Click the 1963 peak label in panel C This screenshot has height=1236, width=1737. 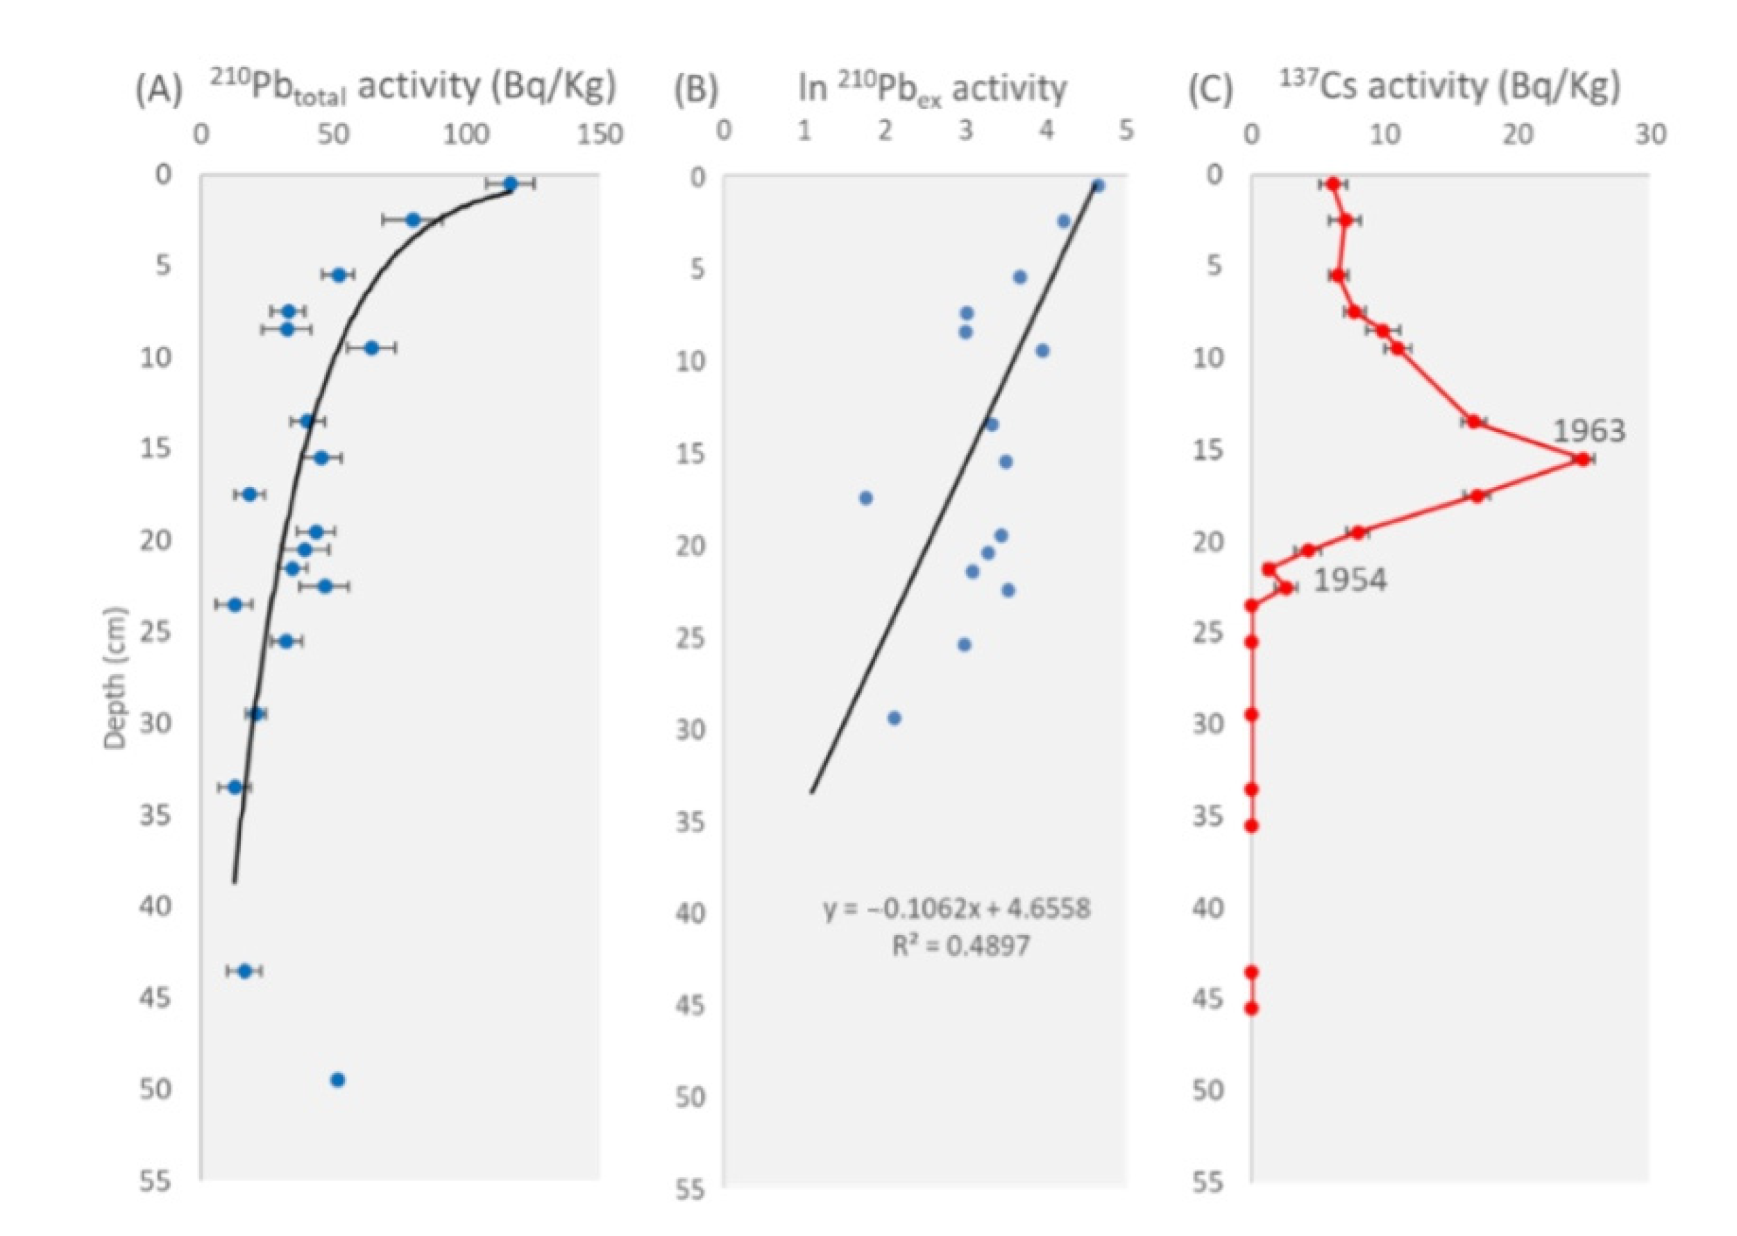[1588, 431]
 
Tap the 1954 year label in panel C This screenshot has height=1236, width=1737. [1350, 581]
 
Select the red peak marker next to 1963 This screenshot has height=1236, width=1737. [1582, 459]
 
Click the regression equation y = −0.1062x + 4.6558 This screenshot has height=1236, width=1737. [957, 908]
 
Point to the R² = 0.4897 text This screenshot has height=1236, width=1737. [961, 946]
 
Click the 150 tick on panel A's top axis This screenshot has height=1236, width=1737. [600, 135]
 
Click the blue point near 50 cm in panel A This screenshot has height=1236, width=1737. [338, 1080]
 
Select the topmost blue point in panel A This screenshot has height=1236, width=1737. [510, 183]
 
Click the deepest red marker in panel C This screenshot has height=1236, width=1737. [1251, 1008]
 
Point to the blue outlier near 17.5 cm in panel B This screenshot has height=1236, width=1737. [865, 498]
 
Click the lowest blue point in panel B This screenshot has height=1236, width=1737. [894, 718]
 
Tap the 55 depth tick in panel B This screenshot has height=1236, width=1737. [691, 1189]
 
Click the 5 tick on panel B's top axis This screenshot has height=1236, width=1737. [1126, 131]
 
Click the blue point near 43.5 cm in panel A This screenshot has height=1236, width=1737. [244, 970]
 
